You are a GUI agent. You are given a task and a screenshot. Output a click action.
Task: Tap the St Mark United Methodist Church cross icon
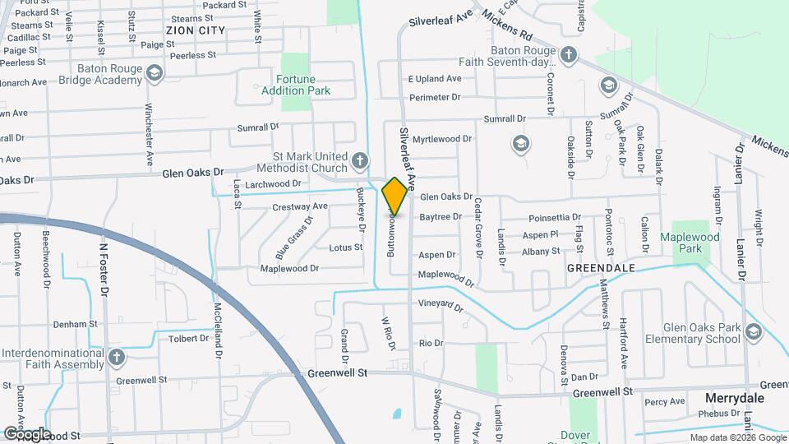coord(359,160)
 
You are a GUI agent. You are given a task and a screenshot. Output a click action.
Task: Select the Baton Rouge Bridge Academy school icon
coord(153,75)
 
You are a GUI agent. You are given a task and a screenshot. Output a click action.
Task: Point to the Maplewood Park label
coord(690,243)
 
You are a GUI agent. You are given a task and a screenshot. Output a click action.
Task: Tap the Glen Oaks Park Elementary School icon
coord(754,332)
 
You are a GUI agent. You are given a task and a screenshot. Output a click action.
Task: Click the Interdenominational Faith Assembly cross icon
coord(117,358)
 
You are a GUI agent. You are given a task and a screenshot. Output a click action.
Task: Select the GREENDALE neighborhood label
coord(601,268)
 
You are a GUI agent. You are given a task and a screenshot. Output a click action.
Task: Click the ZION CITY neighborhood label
coord(196,30)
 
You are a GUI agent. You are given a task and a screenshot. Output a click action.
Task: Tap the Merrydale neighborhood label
coord(735,398)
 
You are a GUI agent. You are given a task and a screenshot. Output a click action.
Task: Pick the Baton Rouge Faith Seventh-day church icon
coord(568,56)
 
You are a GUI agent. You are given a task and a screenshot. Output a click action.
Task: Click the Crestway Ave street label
coord(300,206)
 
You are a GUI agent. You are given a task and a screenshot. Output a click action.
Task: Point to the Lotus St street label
coord(345,247)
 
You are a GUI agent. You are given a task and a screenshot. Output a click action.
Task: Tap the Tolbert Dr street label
coord(188,338)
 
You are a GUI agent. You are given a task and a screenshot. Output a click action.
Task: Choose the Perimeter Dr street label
coord(435,97)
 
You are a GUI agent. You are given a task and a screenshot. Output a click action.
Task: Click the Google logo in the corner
coord(26,433)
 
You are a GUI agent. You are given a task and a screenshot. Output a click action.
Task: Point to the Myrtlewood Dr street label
coord(442,139)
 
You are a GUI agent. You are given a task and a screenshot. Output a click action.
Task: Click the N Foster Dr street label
coord(104,269)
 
